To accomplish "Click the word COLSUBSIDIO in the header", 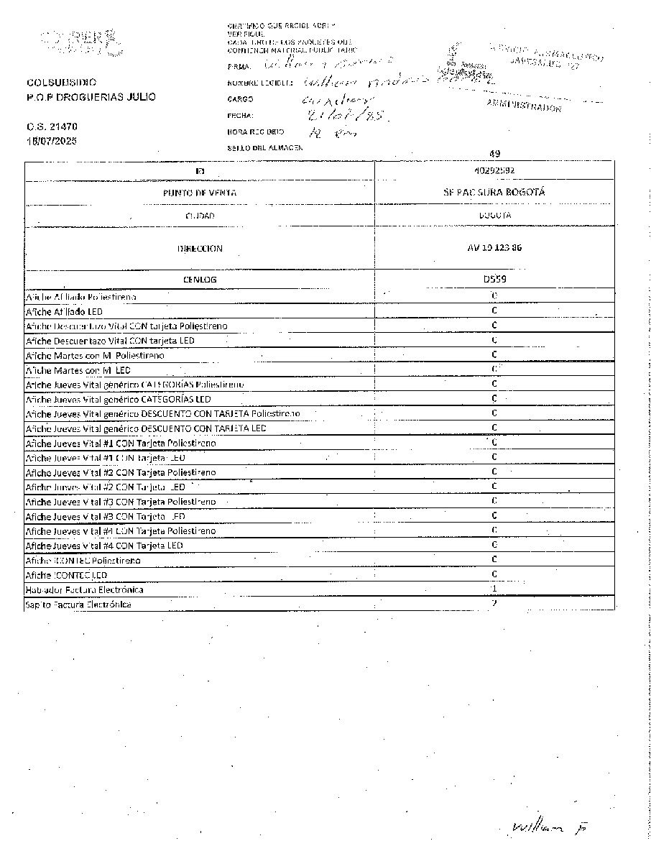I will click(x=61, y=83).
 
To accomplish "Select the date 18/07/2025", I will click(x=52, y=141).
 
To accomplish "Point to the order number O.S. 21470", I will click(x=52, y=127).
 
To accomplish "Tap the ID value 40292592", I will click(x=494, y=170).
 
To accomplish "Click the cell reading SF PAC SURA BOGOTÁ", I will click(x=494, y=193).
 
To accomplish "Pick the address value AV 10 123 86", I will click(x=494, y=248).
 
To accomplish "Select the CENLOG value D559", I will click(x=494, y=279).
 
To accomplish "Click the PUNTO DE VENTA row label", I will click(x=199, y=193).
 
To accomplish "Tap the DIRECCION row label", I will click(x=199, y=249).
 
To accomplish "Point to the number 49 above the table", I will click(x=494, y=153).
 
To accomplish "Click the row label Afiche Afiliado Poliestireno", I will click(x=80, y=296).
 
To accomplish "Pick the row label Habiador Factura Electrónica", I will click(x=84, y=589).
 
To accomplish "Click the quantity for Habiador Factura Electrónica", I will click(x=494, y=589).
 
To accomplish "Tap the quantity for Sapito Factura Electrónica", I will click(x=494, y=604).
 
